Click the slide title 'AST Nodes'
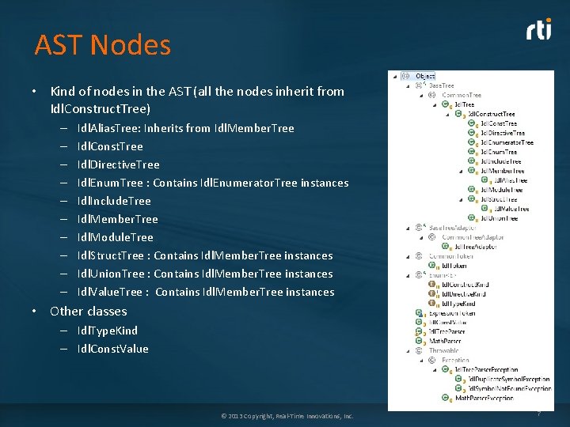(102, 45)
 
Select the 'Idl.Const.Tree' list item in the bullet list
(110, 146)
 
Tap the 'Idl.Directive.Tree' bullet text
(118, 164)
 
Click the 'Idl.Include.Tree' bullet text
(113, 201)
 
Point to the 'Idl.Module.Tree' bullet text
(115, 237)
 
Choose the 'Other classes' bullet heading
(88, 311)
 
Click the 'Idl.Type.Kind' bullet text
(107, 331)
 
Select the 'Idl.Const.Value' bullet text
(112, 349)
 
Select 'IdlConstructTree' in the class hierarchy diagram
(491, 114)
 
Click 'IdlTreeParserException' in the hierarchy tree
(486, 369)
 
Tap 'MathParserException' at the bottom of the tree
(484, 398)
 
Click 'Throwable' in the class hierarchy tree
(445, 350)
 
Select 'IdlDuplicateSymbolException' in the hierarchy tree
(507, 379)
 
